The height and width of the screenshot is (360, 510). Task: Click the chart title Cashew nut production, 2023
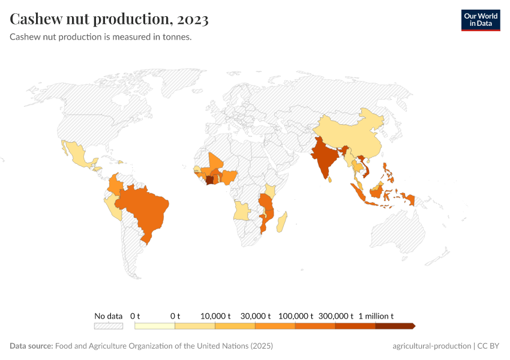(109, 19)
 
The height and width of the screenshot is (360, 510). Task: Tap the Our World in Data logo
(480, 20)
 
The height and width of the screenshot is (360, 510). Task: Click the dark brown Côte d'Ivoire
(209, 179)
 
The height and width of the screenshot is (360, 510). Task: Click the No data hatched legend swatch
(108, 326)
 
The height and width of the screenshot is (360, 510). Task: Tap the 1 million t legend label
(376, 316)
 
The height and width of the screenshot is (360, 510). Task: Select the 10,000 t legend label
(215, 316)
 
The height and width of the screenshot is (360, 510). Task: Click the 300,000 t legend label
(335, 316)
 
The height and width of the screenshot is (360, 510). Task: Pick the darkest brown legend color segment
(394, 326)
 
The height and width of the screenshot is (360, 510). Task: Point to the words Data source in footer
(31, 346)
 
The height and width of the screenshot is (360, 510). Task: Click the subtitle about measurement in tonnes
(101, 37)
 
